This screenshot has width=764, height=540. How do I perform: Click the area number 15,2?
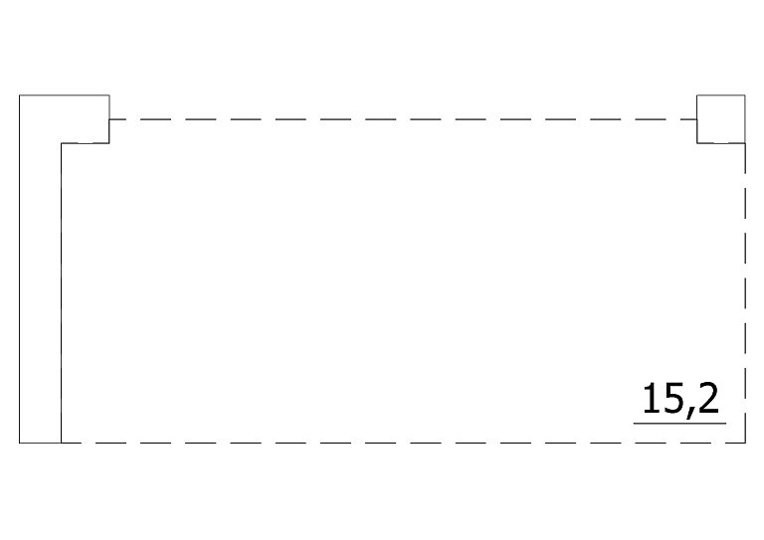pyautogui.click(x=679, y=400)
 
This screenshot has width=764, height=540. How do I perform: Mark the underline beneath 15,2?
pyautogui.click(x=679, y=423)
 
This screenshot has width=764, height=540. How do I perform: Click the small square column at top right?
pyautogui.click(x=721, y=118)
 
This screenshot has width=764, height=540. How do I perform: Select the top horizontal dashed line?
pyautogui.click(x=398, y=119)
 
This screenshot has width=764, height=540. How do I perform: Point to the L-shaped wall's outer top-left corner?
pyautogui.click(x=20, y=94)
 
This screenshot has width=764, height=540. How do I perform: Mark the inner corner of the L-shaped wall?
pyautogui.click(x=63, y=143)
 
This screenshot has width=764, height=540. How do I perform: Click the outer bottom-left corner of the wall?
pyautogui.click(x=20, y=443)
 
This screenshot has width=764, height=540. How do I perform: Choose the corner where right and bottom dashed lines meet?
pyautogui.click(x=745, y=443)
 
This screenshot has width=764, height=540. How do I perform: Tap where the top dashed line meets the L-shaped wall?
pyautogui.click(x=109, y=119)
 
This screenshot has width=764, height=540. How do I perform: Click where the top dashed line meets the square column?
pyautogui.click(x=697, y=119)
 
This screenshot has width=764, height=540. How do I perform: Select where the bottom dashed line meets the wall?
pyautogui.click(x=63, y=443)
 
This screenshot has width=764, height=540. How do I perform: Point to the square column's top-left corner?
pyautogui.click(x=697, y=94)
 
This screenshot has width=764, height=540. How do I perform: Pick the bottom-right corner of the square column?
pyautogui.click(x=745, y=143)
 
